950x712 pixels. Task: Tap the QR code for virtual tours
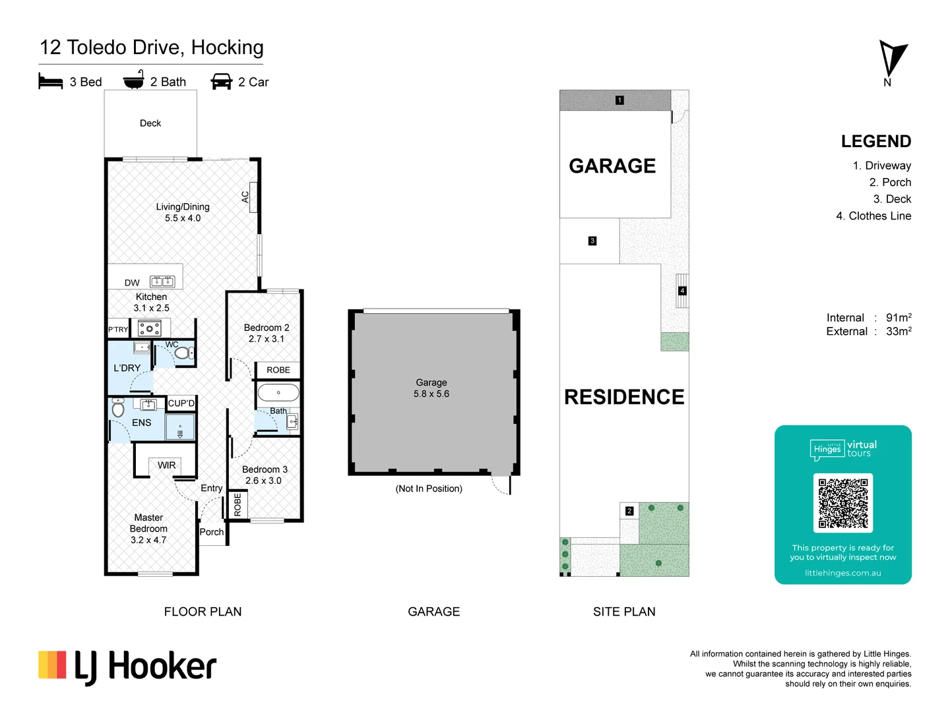click(x=842, y=503)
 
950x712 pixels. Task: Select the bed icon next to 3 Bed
click(x=50, y=81)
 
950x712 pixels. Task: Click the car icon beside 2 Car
click(x=221, y=81)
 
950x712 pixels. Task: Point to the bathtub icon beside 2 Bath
click(x=133, y=80)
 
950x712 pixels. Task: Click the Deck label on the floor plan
click(x=150, y=123)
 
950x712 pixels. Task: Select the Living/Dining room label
click(x=183, y=206)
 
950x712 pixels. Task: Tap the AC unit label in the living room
click(x=245, y=196)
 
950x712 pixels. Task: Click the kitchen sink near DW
click(x=162, y=282)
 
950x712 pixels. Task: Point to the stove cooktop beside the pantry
click(x=150, y=328)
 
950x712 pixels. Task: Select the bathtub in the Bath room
click(x=278, y=393)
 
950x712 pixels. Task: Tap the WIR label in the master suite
click(x=167, y=465)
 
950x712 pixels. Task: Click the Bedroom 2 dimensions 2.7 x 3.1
click(x=267, y=339)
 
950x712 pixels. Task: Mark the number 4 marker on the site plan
click(x=682, y=291)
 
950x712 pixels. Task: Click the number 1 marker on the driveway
click(x=619, y=100)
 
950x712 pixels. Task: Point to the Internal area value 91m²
click(x=899, y=317)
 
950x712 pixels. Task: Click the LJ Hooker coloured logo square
click(x=52, y=665)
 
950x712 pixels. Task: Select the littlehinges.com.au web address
click(x=842, y=573)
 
